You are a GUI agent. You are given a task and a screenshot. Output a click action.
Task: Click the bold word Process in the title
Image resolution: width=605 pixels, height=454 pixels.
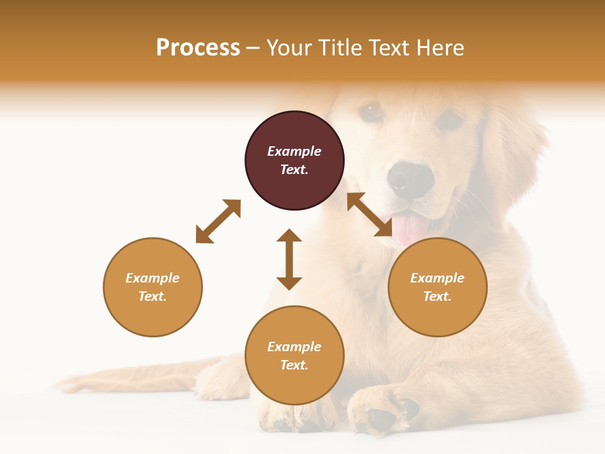(x=198, y=48)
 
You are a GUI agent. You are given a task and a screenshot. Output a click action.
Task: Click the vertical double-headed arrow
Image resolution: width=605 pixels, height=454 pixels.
(x=289, y=259)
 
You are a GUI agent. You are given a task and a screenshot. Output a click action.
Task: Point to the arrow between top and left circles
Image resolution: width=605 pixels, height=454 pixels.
(x=218, y=221)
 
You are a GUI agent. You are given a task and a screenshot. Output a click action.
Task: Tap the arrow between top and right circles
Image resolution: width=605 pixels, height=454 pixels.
(x=369, y=214)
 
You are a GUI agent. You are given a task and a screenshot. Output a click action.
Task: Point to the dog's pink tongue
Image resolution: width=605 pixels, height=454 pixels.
(x=410, y=228)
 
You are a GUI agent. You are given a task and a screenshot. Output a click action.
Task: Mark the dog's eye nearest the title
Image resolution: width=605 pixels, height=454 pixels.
(x=371, y=111)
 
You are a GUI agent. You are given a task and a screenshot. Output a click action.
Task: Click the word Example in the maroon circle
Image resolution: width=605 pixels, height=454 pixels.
(x=294, y=151)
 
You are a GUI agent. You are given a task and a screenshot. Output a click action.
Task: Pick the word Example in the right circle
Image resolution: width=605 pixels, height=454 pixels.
(x=437, y=278)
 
